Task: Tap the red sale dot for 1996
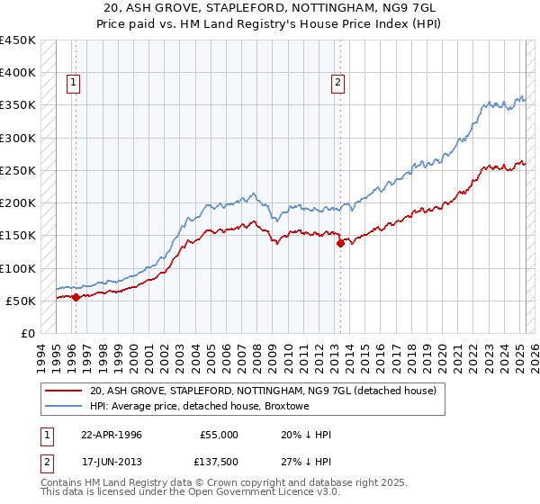tap(76, 297)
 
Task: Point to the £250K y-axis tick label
tap(17, 170)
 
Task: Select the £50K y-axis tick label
tap(21, 301)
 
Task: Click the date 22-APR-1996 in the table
tap(112, 435)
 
